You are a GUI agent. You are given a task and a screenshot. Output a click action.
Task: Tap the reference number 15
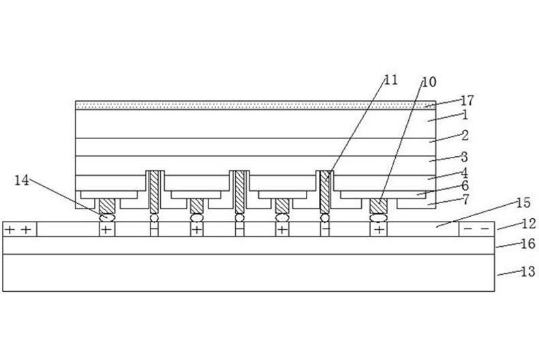[x=523, y=203]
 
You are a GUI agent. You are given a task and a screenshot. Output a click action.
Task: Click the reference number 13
[x=527, y=273]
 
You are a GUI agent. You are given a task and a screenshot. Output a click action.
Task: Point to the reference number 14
[x=21, y=180]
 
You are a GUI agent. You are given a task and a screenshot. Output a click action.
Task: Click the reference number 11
[x=390, y=80]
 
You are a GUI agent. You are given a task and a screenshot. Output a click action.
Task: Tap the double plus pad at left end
[x=19, y=230]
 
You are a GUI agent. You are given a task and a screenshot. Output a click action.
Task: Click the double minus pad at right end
[x=475, y=229]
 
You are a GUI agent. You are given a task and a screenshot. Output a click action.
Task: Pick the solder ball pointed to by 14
[x=107, y=218]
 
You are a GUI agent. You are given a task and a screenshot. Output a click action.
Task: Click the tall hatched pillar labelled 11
[x=326, y=191]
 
